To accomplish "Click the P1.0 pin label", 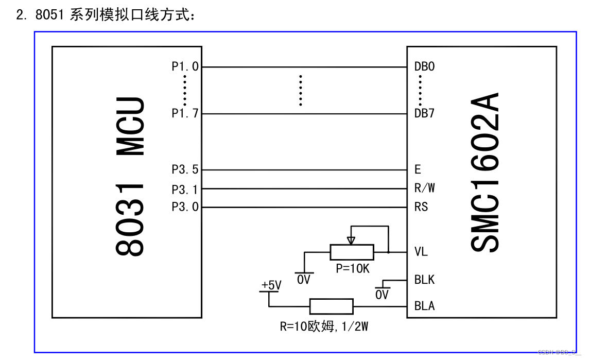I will click(184, 66).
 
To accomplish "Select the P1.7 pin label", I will click(184, 113).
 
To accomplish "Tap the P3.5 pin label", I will click(184, 169).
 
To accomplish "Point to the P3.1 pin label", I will click(184, 189).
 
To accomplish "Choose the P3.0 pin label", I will click(184, 207).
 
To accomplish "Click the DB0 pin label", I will click(424, 66).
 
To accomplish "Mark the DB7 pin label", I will click(424, 113).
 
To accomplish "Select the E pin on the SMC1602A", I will click(418, 169).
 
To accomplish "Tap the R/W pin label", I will click(424, 188).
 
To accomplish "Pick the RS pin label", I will click(421, 207).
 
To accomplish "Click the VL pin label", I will click(421, 252).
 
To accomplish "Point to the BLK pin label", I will click(424, 280).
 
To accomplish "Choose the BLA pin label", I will click(424, 306).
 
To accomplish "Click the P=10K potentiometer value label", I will click(352, 268).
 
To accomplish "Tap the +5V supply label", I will click(271, 285).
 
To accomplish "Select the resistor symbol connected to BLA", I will click(331, 306).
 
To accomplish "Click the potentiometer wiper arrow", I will click(351, 239).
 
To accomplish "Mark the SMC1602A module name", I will click(485, 173).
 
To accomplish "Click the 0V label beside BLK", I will click(382, 295).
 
